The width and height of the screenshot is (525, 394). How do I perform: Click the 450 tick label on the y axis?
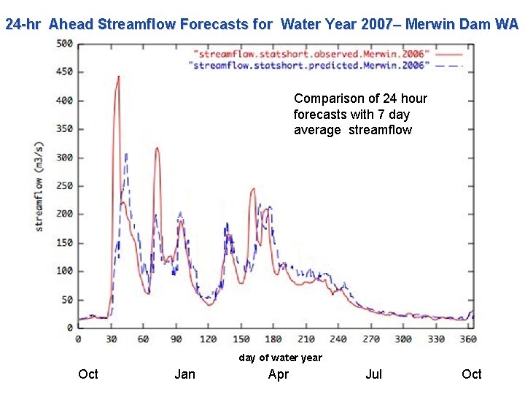coord(64,72)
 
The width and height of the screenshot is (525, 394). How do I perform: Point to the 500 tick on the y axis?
coord(64,44)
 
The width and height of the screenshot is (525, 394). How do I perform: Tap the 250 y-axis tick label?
coord(64,186)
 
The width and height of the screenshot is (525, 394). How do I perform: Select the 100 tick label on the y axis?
coord(64,271)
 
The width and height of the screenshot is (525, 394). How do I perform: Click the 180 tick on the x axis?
coord(273,339)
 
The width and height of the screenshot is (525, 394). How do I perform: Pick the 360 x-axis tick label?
coord(468,339)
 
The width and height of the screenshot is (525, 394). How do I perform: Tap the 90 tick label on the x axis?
coord(176,339)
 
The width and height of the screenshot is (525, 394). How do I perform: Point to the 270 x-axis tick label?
coord(370,339)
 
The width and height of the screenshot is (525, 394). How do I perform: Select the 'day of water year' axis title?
coord(280,358)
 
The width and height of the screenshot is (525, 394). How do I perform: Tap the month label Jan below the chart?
coord(185,374)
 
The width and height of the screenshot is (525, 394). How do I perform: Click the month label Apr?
coord(279,374)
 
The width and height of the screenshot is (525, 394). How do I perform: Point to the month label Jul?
coord(373,374)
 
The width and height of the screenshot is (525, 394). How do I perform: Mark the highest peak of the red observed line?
coord(118,76)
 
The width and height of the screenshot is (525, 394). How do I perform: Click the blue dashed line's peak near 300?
coord(126,153)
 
